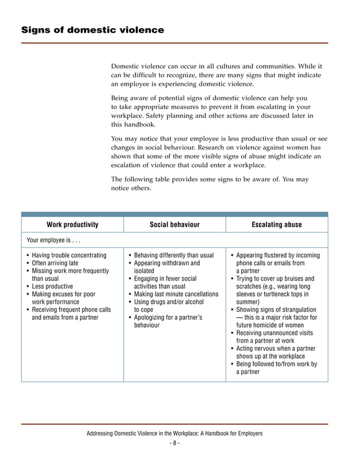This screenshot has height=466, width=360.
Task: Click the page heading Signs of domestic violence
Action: pyautogui.click(x=93, y=30)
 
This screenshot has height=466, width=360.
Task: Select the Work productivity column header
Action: pyautogui.click(x=72, y=225)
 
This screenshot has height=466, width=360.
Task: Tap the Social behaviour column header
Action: pyautogui.click(x=174, y=225)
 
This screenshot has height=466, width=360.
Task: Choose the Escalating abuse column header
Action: pyautogui.click(x=276, y=225)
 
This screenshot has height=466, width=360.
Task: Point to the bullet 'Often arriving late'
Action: pyautogui.click(x=55, y=263)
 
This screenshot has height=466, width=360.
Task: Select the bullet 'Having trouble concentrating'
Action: pyautogui.click(x=69, y=256)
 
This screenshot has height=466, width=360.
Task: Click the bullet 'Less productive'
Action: pyautogui.click(x=52, y=287)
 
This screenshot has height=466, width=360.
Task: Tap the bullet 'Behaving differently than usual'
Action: pyautogui.click(x=174, y=256)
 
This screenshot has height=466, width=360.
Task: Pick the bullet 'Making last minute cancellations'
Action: pyautogui.click(x=176, y=294)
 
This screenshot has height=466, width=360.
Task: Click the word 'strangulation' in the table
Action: pyautogui.click(x=298, y=310)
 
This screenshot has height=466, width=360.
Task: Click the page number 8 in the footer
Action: pyautogui.click(x=174, y=443)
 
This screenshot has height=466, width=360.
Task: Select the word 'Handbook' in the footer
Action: pyautogui.click(x=217, y=433)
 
